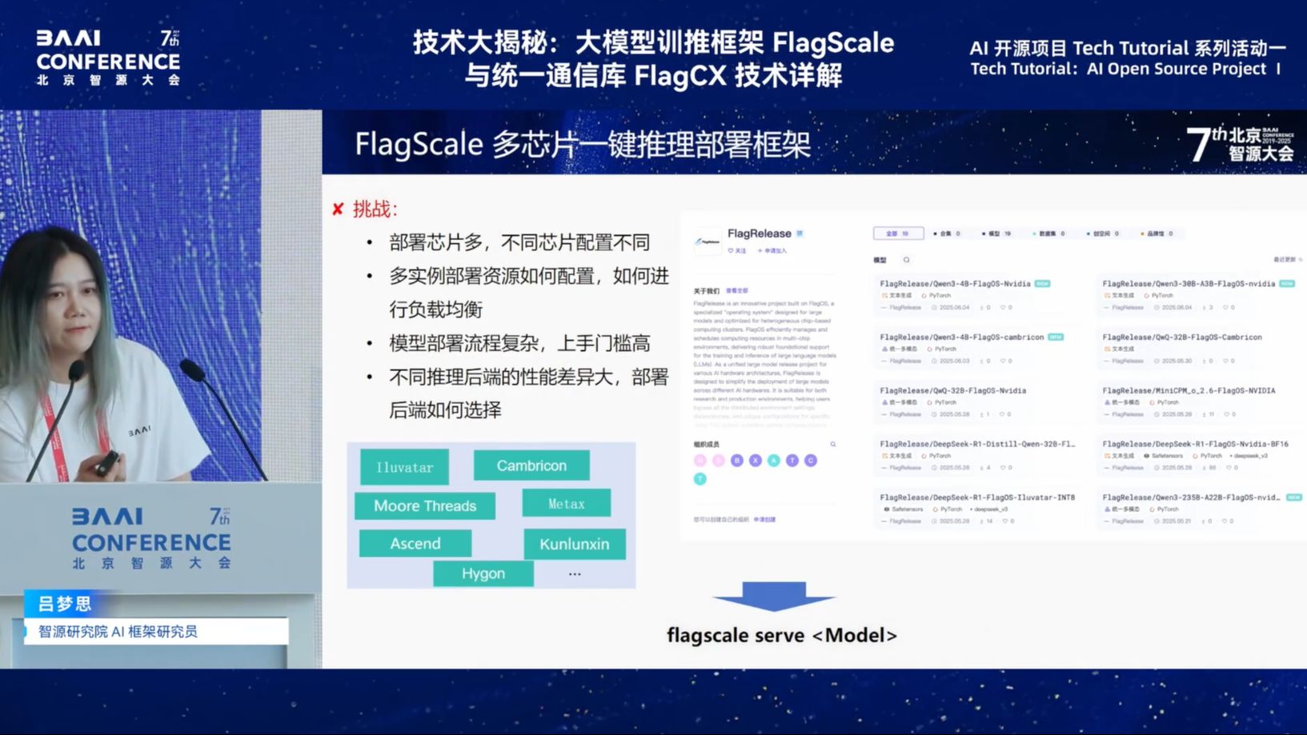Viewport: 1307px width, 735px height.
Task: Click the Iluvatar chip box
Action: pyautogui.click(x=404, y=467)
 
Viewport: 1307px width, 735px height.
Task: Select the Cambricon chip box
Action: pyautogui.click(x=531, y=465)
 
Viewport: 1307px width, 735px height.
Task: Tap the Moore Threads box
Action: pyautogui.click(x=425, y=505)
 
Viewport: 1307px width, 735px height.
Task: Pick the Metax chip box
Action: pyautogui.click(x=566, y=504)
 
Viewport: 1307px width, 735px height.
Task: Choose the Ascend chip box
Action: pyautogui.click(x=415, y=544)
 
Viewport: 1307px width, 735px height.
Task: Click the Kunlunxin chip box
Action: pyautogui.click(x=574, y=544)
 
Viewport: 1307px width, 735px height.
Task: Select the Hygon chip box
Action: pyautogui.click(x=483, y=573)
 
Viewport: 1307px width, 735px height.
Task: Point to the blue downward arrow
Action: pyautogui.click(x=773, y=597)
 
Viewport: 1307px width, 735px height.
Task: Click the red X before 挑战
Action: pyautogui.click(x=338, y=210)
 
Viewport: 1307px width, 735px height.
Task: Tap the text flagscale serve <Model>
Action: pyautogui.click(x=781, y=635)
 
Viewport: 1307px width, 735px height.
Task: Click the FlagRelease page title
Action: pyautogui.click(x=759, y=234)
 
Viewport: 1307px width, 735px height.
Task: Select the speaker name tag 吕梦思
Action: pyautogui.click(x=65, y=604)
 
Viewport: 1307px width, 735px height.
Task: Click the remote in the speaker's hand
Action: pyautogui.click(x=106, y=461)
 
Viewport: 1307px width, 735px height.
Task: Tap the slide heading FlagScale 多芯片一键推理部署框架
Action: pyautogui.click(x=583, y=145)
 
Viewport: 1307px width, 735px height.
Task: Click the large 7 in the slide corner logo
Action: pyautogui.click(x=1198, y=145)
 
